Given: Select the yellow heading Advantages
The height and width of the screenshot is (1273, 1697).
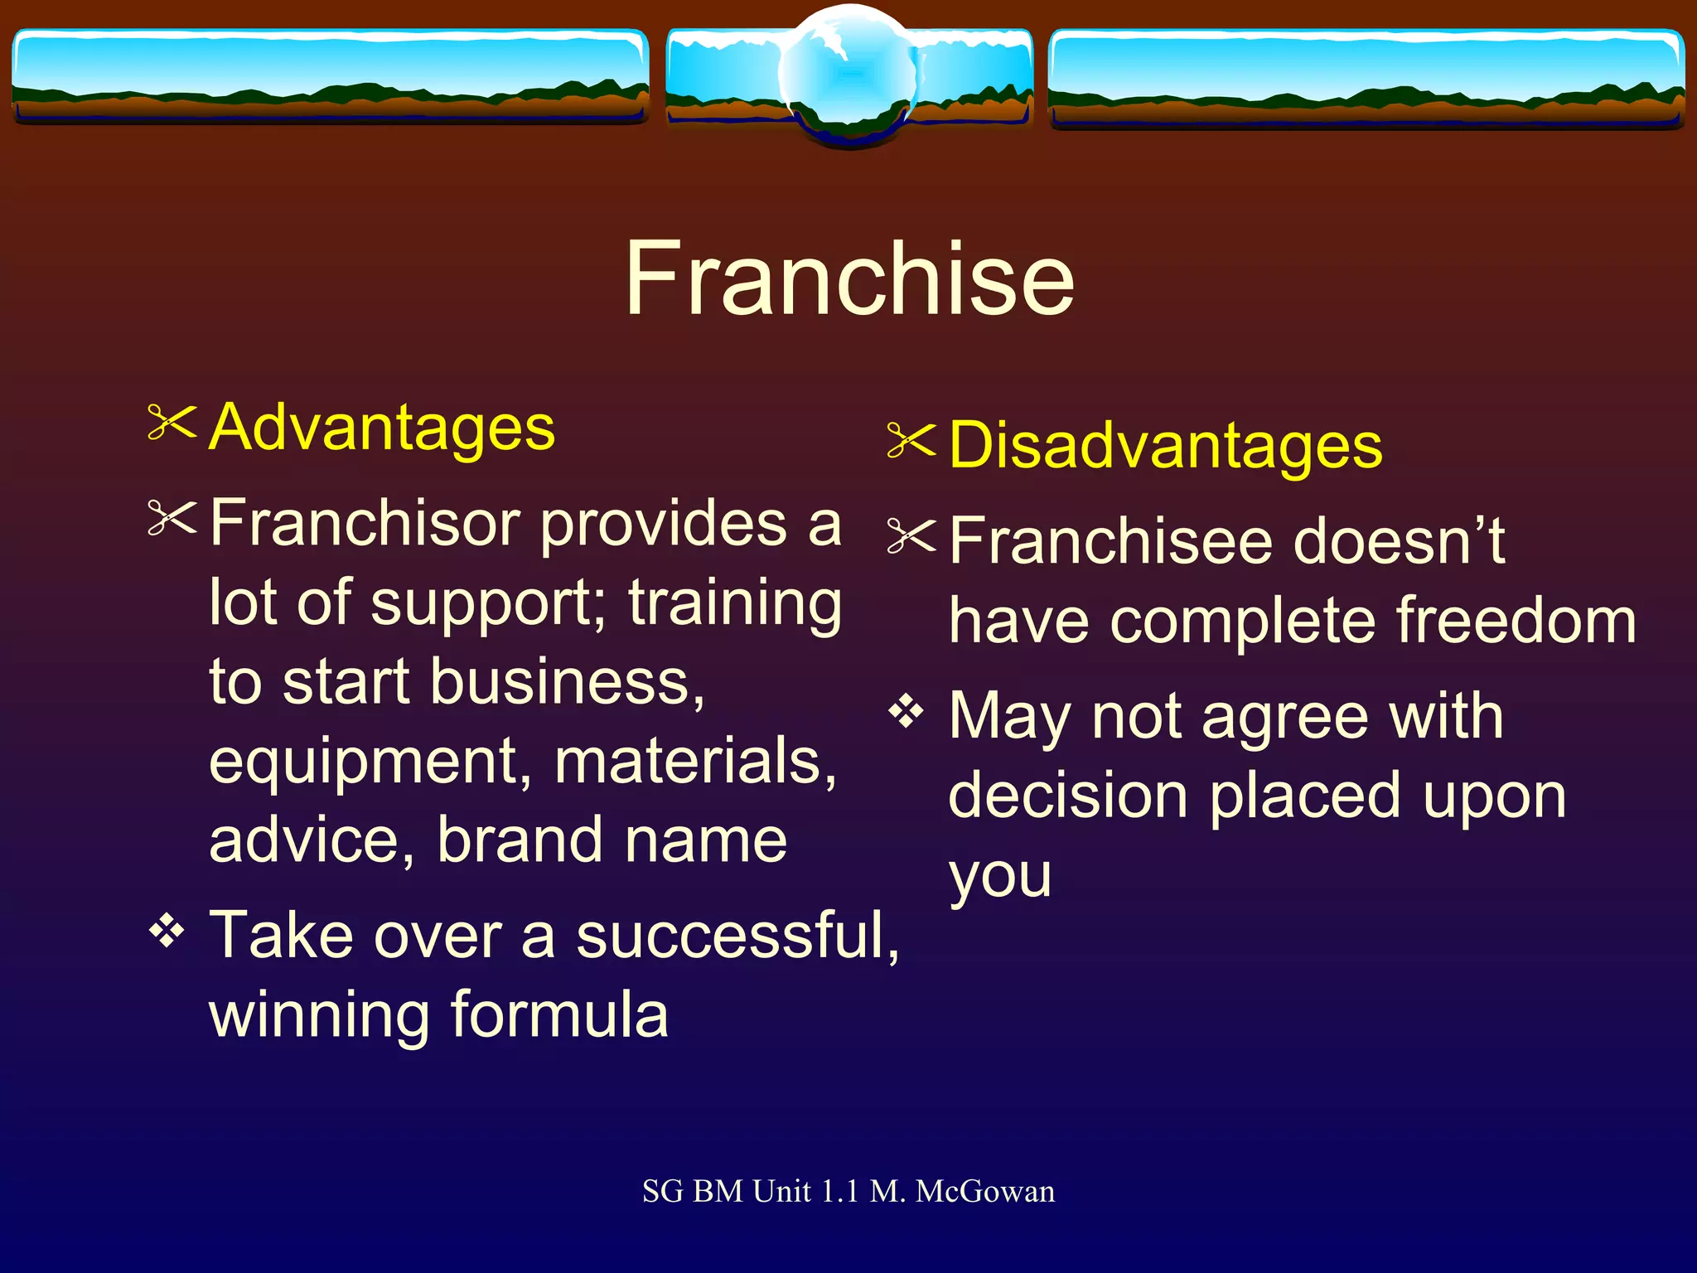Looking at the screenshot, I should (381, 428).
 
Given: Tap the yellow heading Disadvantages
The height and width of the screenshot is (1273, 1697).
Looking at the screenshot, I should (1165, 446).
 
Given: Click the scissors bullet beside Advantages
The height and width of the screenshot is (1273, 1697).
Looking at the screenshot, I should (172, 423).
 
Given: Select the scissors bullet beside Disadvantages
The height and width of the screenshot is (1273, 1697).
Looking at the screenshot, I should (911, 440).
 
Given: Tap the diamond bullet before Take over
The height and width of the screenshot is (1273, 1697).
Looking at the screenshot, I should (167, 932).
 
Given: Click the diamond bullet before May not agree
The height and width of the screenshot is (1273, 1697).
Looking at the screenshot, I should (906, 711).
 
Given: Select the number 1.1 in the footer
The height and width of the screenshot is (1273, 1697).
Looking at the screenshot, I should (839, 1192).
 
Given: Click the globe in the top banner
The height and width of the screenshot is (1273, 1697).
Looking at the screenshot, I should (848, 75).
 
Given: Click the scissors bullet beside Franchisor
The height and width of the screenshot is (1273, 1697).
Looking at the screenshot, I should (172, 519).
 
